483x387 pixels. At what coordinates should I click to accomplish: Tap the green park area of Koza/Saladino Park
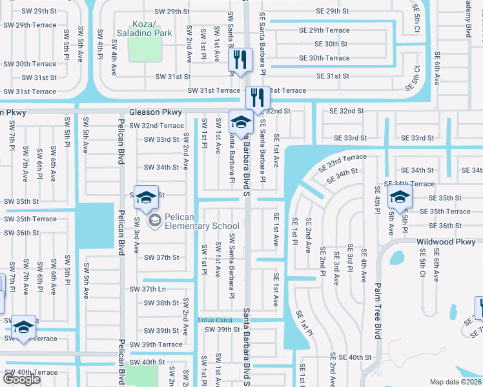pyautogui.click(x=145, y=47)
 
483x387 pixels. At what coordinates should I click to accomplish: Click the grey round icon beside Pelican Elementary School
pyautogui.click(x=155, y=221)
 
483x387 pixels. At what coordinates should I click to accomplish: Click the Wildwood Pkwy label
pyautogui.click(x=446, y=242)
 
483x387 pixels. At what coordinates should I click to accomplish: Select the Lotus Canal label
pyautogui.click(x=215, y=320)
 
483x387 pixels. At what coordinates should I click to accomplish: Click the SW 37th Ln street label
pyautogui.click(x=148, y=289)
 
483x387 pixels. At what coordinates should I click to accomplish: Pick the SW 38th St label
pyautogui.click(x=161, y=303)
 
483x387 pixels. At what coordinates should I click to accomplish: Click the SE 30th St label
pyautogui.click(x=331, y=44)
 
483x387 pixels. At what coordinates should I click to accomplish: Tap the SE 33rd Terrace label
pyautogui.click(x=342, y=162)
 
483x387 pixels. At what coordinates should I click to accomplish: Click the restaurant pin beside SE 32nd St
pyautogui.click(x=258, y=98)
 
